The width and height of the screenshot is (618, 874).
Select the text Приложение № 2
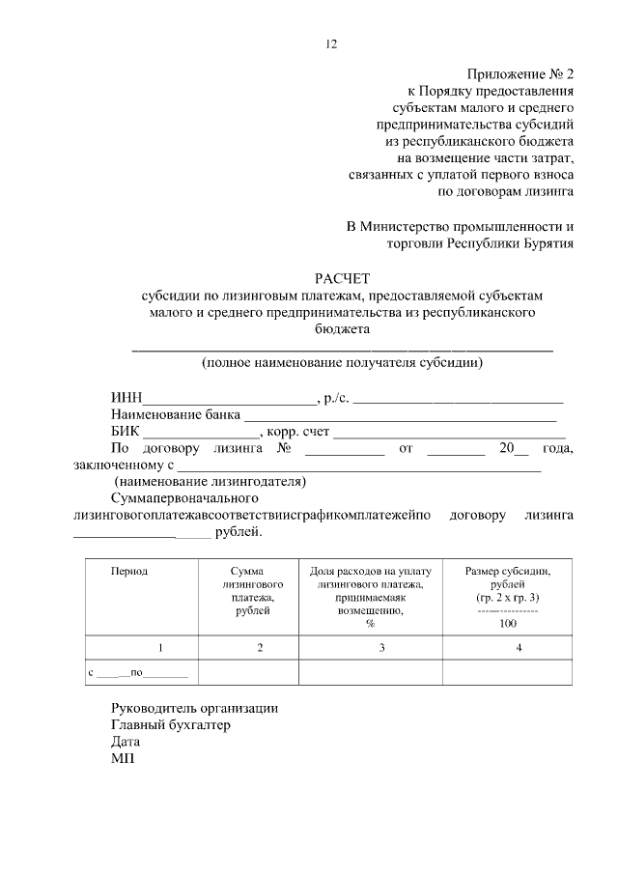[x=520, y=73]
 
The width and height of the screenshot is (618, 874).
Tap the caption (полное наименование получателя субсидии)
[x=343, y=364]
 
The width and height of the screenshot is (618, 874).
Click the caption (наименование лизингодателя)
[x=211, y=481]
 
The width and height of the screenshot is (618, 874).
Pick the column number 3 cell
[x=370, y=648]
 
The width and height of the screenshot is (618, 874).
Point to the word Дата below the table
[x=126, y=743]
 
